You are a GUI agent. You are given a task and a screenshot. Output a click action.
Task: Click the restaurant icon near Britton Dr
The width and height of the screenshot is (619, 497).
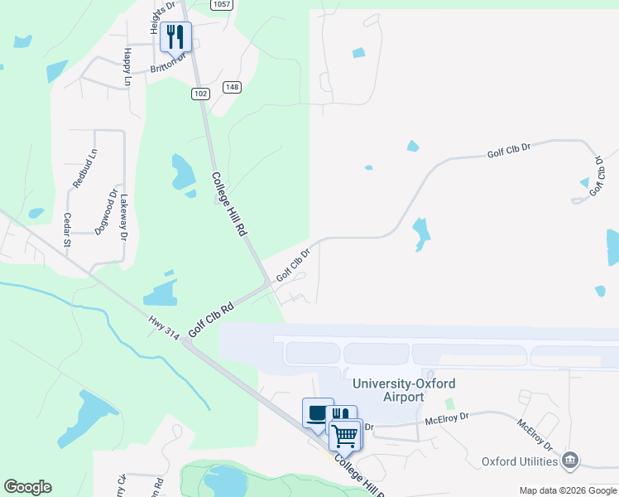click(x=175, y=36)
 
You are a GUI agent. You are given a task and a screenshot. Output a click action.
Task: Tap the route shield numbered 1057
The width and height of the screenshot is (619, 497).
click(x=221, y=4)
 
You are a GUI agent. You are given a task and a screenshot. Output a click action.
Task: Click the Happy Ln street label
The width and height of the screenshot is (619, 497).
click(x=127, y=67)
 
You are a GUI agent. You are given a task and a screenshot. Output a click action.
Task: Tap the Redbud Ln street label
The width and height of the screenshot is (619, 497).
click(x=85, y=169)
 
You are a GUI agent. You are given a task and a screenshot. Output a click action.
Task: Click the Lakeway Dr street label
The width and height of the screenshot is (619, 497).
click(x=125, y=217)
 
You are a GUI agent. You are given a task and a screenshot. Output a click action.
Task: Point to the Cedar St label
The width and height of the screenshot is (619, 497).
click(x=66, y=229)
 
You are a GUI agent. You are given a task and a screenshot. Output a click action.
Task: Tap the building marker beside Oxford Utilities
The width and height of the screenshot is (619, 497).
click(x=569, y=460)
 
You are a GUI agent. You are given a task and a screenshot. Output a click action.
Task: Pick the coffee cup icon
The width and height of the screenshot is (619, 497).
click(x=317, y=413)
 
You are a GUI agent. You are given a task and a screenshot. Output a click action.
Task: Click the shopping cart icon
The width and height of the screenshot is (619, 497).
click(x=344, y=434)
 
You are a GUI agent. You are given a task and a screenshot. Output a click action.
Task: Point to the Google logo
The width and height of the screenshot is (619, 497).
click(x=27, y=487)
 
